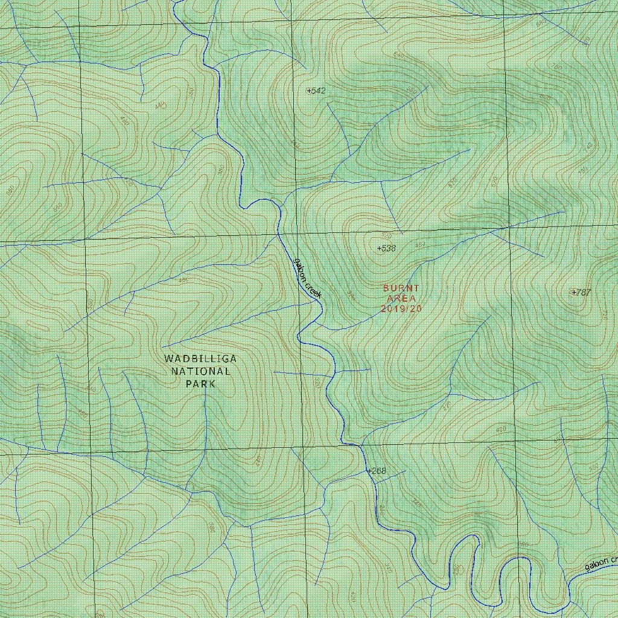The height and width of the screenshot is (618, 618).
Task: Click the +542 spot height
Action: pyautogui.click(x=316, y=91)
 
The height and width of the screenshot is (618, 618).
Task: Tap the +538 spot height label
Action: pyautogui.click(x=386, y=248)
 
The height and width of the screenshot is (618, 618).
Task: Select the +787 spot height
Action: pyautogui.click(x=581, y=293)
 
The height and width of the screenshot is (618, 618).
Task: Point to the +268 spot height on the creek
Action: pyautogui.click(x=376, y=471)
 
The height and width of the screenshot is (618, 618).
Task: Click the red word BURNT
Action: pyautogui.click(x=401, y=288)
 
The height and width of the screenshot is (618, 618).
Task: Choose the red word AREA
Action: pyautogui.click(x=401, y=299)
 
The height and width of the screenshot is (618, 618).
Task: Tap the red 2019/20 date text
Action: pyautogui.click(x=401, y=309)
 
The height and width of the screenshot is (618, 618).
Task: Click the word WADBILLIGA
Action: pyautogui.click(x=200, y=359)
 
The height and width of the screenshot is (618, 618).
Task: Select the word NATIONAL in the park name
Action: pyautogui.click(x=200, y=371)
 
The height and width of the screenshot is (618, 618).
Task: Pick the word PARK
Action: pyautogui.click(x=200, y=383)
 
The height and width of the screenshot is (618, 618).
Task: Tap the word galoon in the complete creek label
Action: pyautogui.click(x=299, y=268)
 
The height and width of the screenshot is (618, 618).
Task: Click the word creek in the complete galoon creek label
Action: pyautogui.click(x=313, y=288)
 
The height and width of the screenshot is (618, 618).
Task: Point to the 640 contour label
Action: pyautogui.click(x=398, y=56)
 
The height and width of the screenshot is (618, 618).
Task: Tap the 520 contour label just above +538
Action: pyautogui.click(x=387, y=235)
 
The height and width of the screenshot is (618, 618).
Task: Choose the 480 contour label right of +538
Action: pyautogui.click(x=420, y=244)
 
